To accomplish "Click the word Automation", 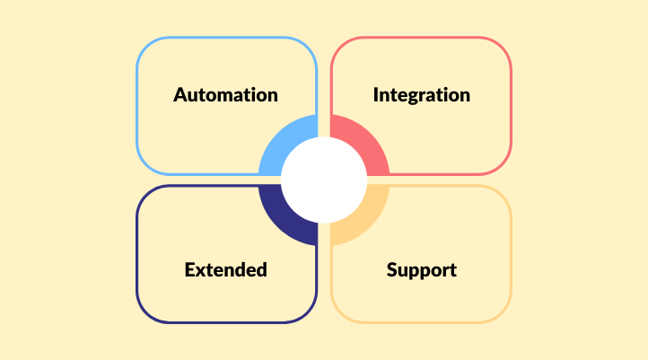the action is point(225,95).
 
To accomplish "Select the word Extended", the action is point(225,270).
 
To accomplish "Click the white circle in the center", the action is point(324,180).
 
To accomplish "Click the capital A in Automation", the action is point(180,95).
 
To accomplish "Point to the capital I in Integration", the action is point(376,95).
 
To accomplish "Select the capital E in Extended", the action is point(190,270).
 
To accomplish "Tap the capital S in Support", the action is point(392,270).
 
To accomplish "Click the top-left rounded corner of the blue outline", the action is point(145,46).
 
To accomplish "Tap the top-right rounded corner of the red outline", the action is point(503,46).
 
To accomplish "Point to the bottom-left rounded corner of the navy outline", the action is point(145,313).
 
